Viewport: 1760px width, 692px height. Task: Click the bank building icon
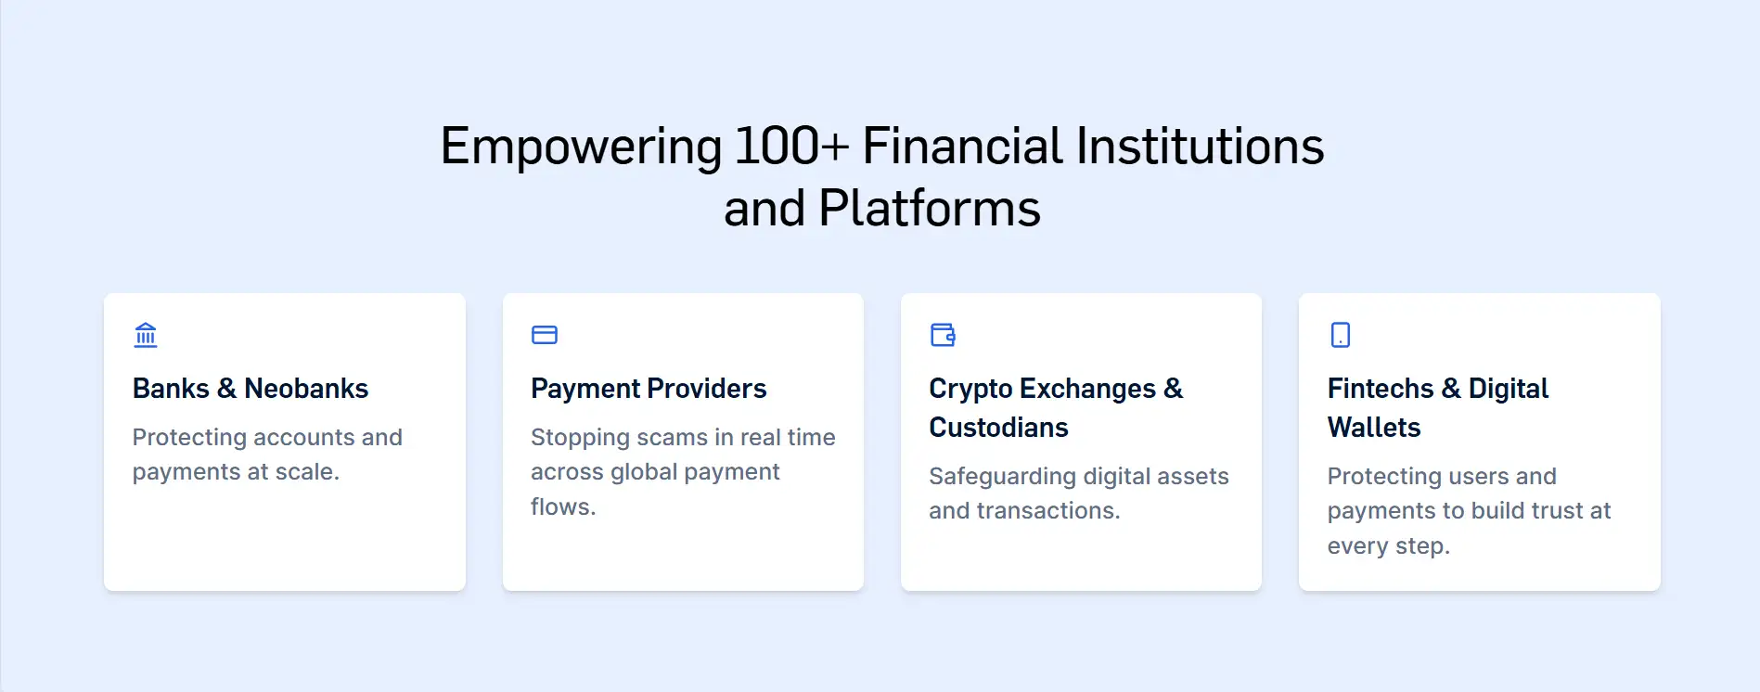point(146,335)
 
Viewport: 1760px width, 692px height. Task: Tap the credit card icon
point(545,335)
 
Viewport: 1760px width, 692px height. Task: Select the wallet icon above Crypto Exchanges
point(943,335)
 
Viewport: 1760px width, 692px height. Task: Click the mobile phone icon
point(1341,335)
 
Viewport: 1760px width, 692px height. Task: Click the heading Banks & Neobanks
point(251,389)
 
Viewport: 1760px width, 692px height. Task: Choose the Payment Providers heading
point(649,389)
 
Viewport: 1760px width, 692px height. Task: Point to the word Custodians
point(998,428)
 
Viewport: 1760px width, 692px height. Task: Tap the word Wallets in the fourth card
point(1374,428)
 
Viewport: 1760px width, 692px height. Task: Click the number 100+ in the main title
point(791,147)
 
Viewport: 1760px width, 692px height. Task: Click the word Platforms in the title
point(930,209)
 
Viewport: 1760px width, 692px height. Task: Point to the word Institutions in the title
point(1200,147)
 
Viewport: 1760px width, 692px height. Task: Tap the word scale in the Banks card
point(307,472)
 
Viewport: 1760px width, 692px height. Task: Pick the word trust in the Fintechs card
point(1549,511)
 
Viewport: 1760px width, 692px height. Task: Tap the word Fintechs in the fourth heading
point(1381,389)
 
